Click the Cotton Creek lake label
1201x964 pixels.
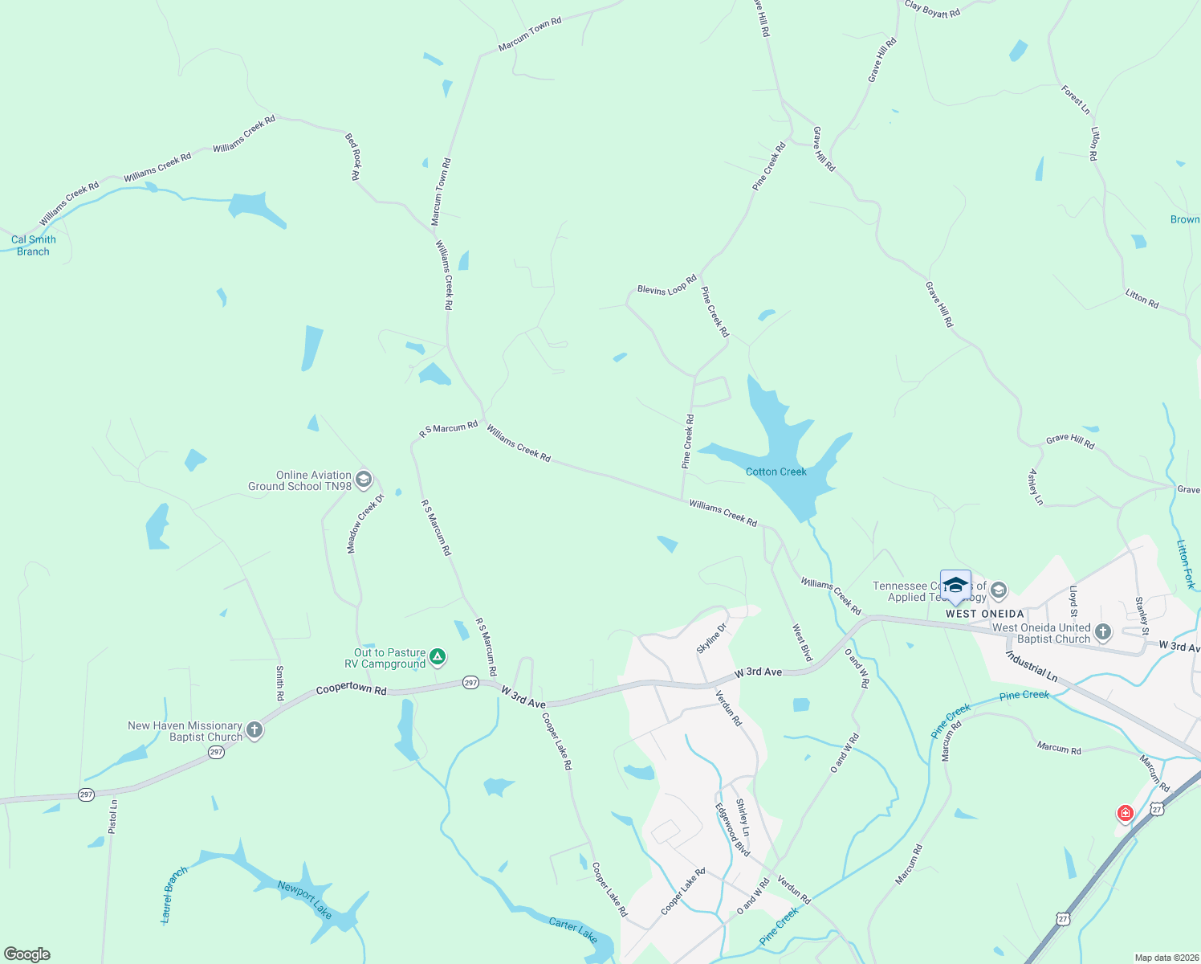pos(776,472)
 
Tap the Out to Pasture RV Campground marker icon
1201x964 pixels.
pos(438,658)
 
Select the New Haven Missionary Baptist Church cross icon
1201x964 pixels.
pos(254,730)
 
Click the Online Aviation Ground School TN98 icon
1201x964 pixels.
pos(364,480)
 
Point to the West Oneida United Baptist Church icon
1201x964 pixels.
pos(1103,633)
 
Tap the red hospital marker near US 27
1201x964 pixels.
pos(1126,814)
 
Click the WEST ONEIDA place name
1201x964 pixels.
pos(984,614)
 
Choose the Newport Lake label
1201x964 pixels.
pos(305,899)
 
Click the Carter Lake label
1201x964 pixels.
pos(573,929)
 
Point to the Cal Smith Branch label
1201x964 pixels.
pos(34,245)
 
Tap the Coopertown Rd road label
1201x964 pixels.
pos(351,689)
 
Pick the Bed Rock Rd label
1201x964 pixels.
pos(353,156)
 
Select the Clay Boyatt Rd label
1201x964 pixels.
pos(932,9)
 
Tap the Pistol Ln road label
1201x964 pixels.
pos(113,815)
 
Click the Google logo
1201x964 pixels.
pos(27,954)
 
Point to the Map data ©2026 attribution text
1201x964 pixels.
pos(1166,958)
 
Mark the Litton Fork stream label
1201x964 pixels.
pos(1186,564)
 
